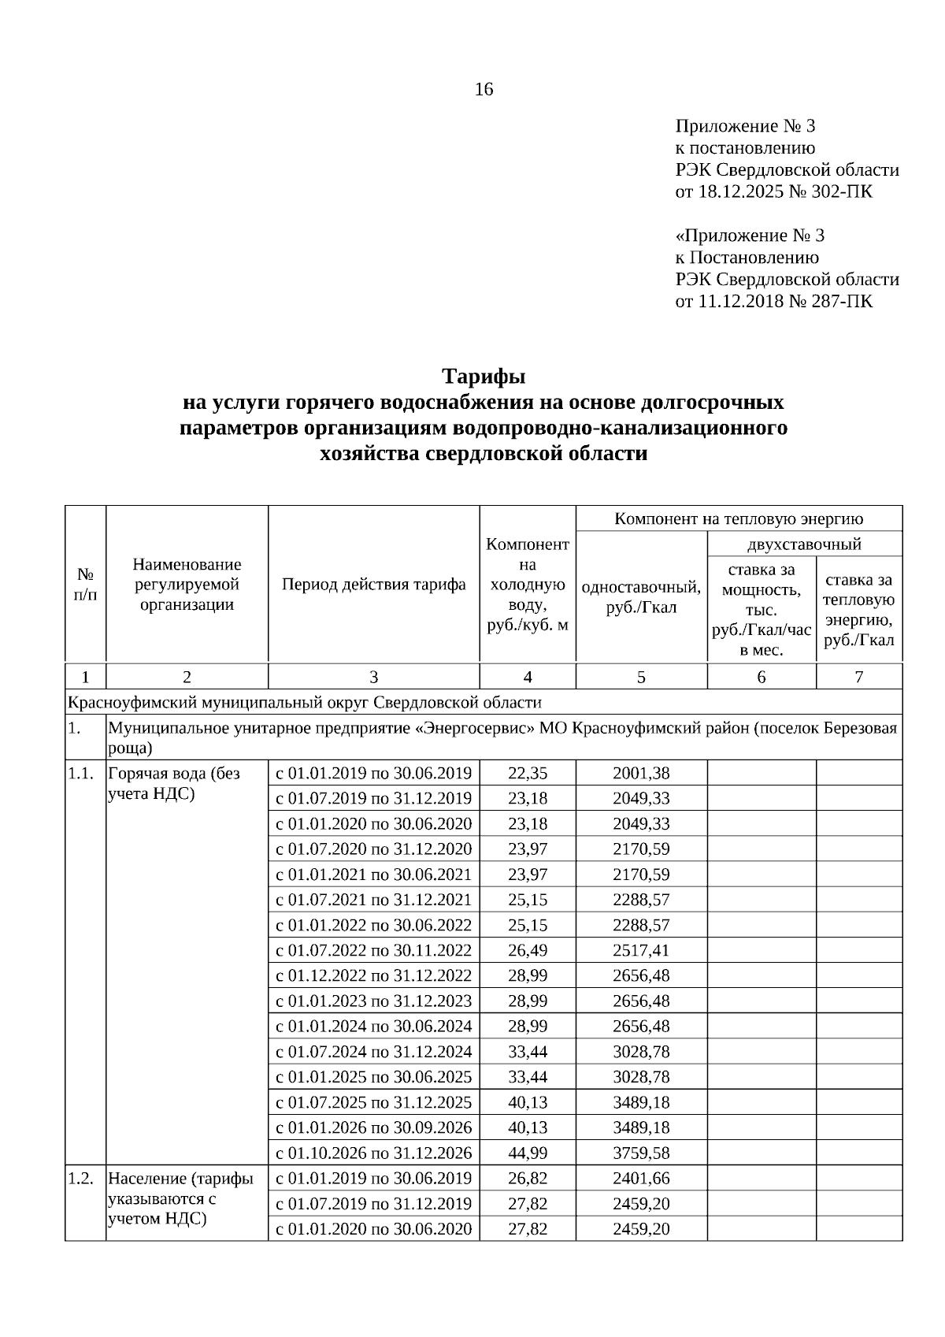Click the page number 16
point(484,90)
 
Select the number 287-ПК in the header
point(842,301)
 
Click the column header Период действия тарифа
point(373,585)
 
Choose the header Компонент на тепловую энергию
point(739,518)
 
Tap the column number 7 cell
point(858,677)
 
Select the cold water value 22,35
point(528,773)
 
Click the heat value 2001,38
point(641,773)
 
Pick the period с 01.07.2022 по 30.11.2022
point(373,950)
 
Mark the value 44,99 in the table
point(528,1153)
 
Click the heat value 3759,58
point(641,1153)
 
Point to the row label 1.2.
point(81,1179)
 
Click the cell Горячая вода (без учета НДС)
point(175,783)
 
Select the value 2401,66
point(641,1179)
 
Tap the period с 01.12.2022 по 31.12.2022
point(373,975)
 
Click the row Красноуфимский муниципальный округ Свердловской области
point(306,702)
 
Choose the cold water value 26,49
point(528,950)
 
